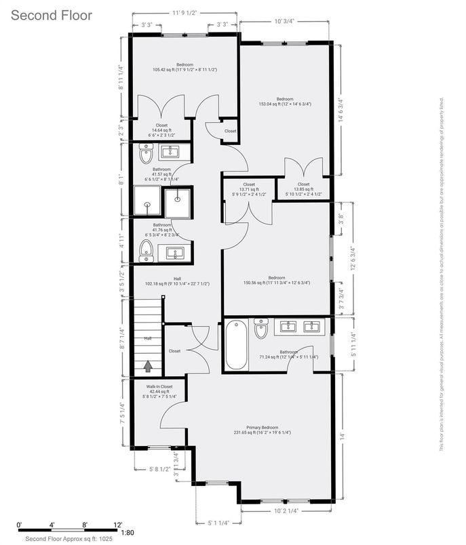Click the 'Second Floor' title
[51, 14]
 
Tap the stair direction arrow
[147, 366]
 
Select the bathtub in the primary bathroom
[237, 344]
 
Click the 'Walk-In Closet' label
[159, 386]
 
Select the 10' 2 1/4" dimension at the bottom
[286, 510]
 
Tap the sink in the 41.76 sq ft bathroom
[174, 254]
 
